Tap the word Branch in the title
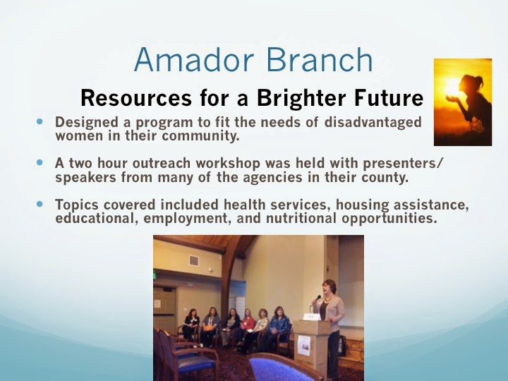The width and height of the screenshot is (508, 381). [320, 59]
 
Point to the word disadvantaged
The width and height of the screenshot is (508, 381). [373, 123]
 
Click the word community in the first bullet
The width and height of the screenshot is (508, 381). [200, 136]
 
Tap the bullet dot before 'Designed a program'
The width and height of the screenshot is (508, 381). [40, 121]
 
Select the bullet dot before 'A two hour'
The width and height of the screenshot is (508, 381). [40, 162]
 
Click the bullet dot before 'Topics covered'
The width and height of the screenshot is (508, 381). [40, 204]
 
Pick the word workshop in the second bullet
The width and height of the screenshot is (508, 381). [228, 163]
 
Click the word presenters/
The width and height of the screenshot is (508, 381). [402, 164]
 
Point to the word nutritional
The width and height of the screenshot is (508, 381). [301, 218]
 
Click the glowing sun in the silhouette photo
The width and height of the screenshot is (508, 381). [452, 86]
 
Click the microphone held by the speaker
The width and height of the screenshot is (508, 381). [316, 299]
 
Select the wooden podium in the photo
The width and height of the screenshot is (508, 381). [310, 347]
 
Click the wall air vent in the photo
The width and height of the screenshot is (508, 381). [194, 260]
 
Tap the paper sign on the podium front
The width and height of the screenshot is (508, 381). [304, 345]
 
